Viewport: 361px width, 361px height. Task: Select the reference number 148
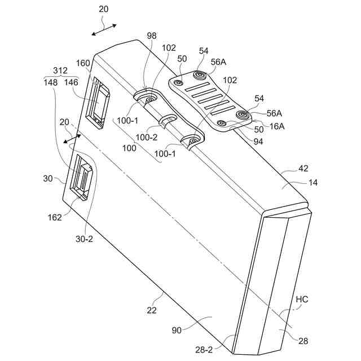tap(51, 82)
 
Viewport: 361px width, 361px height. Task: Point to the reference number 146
tap(72, 82)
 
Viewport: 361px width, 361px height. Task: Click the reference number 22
tap(152, 310)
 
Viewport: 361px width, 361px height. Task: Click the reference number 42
tap(304, 169)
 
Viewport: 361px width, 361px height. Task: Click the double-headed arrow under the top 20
tap(104, 29)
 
